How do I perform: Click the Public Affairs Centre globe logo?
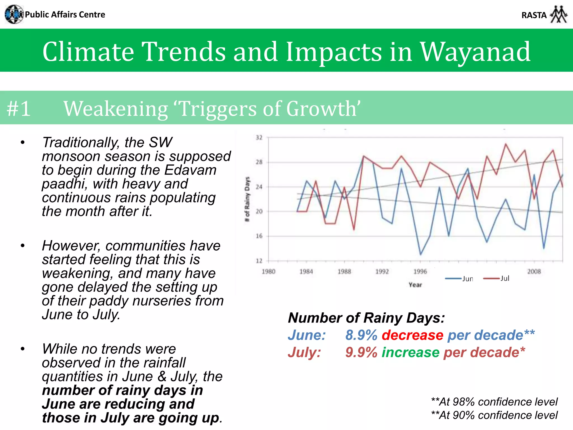(x=14, y=14)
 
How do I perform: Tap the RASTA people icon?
(x=558, y=14)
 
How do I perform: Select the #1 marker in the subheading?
(x=18, y=109)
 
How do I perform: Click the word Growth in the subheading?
(x=322, y=109)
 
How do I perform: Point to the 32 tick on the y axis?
(x=259, y=137)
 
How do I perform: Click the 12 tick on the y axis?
(x=259, y=261)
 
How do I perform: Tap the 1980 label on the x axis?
(x=268, y=271)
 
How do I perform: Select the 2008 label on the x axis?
(x=534, y=271)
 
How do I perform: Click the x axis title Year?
(x=415, y=285)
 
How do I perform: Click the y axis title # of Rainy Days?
(x=247, y=199)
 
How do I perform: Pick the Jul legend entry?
(x=496, y=278)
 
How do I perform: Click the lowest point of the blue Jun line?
(x=421, y=254)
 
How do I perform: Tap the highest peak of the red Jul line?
(x=506, y=144)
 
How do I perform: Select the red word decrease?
(x=413, y=335)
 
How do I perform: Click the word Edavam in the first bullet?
(x=190, y=170)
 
